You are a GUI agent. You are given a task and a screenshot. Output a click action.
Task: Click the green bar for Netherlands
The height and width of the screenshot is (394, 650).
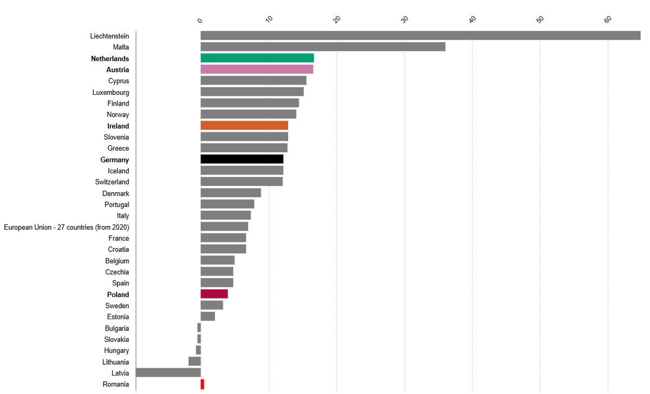tap(257, 58)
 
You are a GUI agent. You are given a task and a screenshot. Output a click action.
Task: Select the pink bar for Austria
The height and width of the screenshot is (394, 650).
tap(257, 69)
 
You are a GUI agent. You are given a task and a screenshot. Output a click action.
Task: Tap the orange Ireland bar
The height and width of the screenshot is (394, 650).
tap(244, 126)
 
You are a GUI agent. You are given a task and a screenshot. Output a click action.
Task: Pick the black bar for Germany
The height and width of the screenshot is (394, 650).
tap(242, 159)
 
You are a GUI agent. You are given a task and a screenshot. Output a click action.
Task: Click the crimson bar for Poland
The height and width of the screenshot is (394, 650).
tap(214, 294)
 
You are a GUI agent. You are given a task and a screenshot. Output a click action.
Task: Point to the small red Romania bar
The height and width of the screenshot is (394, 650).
tap(202, 384)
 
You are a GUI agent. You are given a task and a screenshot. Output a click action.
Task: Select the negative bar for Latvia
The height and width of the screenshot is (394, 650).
tap(168, 373)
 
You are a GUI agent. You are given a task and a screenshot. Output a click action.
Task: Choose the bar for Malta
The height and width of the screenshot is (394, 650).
tap(323, 47)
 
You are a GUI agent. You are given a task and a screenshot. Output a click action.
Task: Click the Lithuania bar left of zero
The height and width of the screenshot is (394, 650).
tap(194, 361)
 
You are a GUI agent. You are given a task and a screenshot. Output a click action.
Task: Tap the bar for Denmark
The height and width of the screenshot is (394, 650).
tap(231, 193)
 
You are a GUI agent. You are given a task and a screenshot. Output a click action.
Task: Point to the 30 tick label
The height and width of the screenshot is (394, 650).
tap(405, 20)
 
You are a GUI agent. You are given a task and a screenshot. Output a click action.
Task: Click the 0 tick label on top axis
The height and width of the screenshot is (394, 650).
tap(200, 21)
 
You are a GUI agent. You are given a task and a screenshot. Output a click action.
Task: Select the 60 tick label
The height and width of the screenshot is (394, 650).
tap(608, 20)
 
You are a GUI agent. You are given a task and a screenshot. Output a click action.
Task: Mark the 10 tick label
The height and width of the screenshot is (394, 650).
tap(269, 20)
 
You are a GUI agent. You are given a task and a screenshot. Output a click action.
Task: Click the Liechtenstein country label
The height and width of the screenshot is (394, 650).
tap(109, 36)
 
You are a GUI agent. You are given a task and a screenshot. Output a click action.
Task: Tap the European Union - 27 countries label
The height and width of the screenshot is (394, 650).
tap(67, 227)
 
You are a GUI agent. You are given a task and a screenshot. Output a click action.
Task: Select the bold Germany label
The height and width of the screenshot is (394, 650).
tap(115, 160)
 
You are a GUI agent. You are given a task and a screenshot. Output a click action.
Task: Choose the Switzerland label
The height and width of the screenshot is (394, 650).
tap(112, 182)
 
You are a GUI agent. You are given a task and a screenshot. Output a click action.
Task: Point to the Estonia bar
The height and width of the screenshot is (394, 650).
tap(207, 317)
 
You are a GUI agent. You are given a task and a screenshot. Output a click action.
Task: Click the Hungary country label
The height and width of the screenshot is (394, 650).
tap(116, 351)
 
